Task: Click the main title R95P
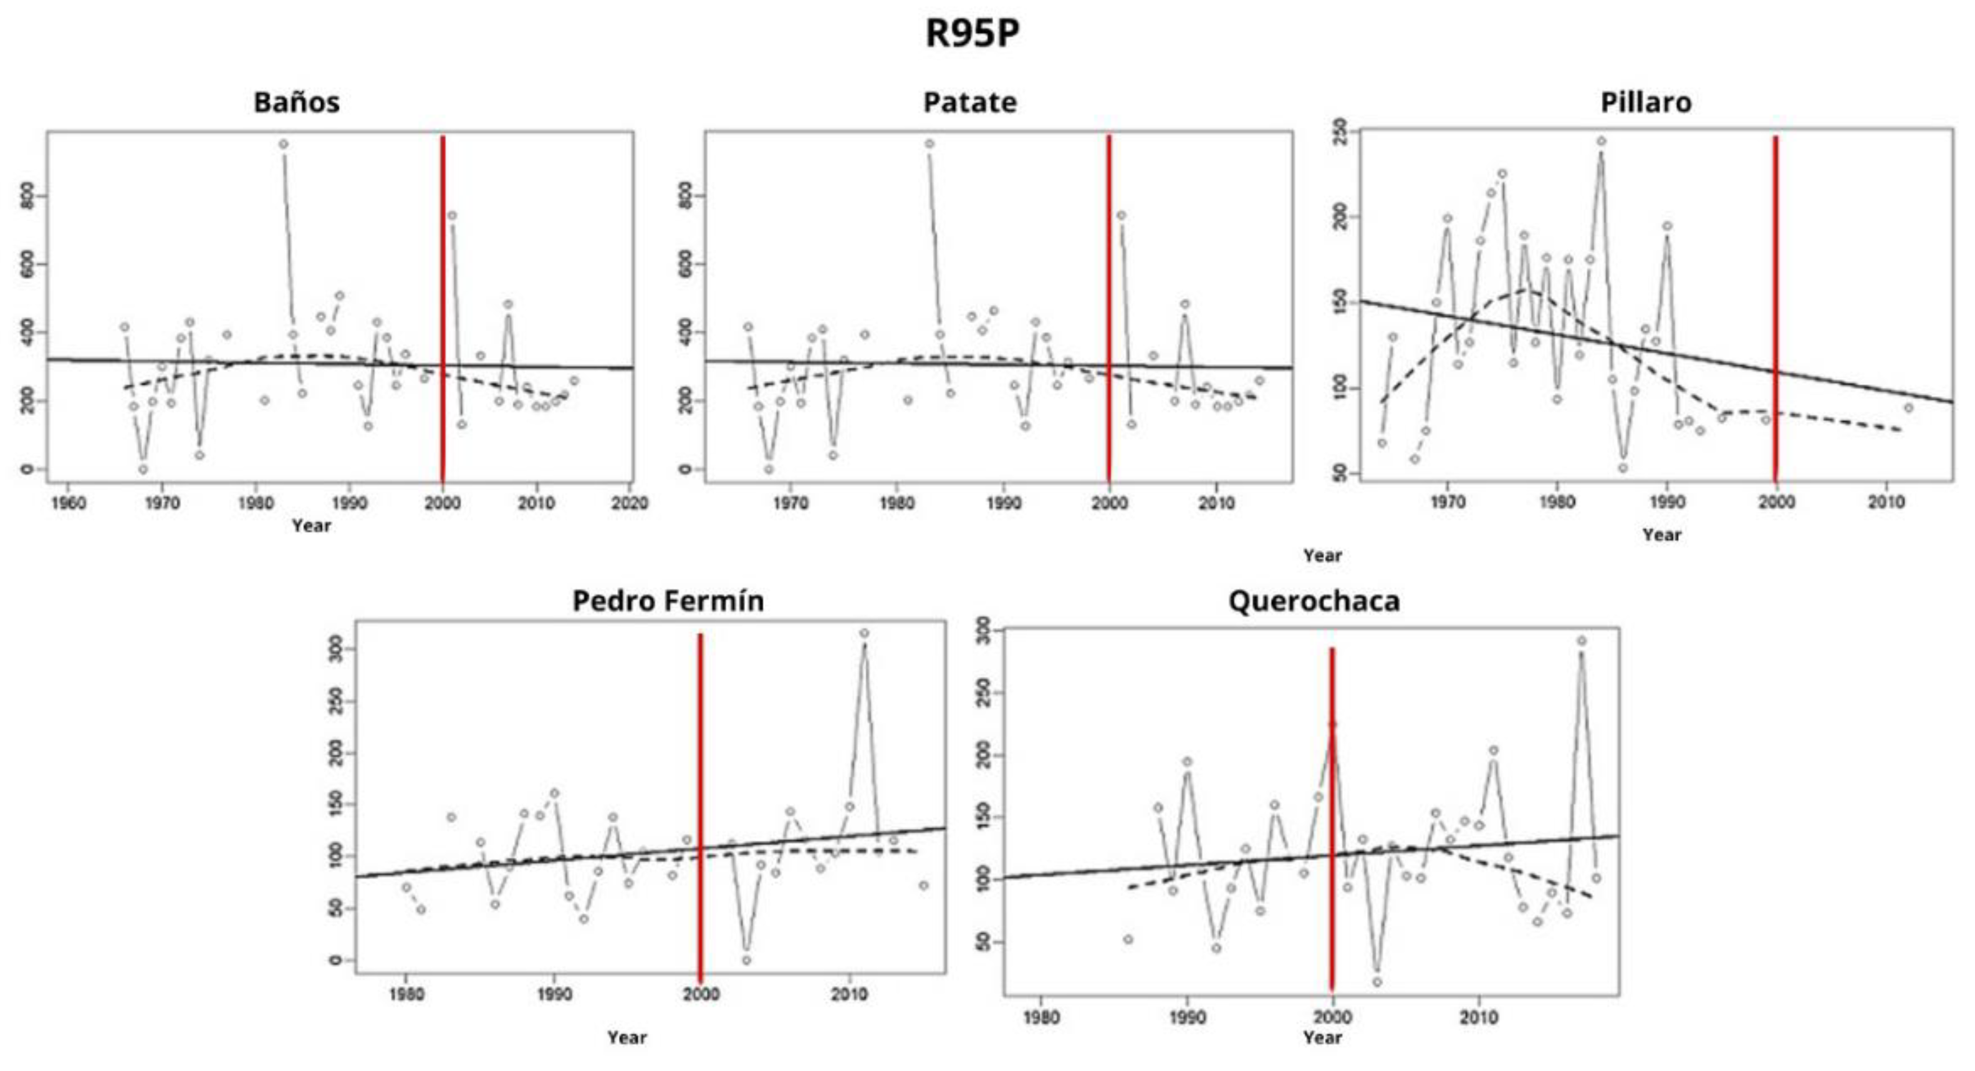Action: pyautogui.click(x=971, y=33)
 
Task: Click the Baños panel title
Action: pyautogui.click(x=297, y=103)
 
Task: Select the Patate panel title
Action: pyautogui.click(x=970, y=103)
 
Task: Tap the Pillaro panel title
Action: pyautogui.click(x=1645, y=103)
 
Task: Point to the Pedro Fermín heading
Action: pyautogui.click(x=668, y=601)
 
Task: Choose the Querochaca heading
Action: pyautogui.click(x=1314, y=601)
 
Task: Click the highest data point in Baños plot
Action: pyautogui.click(x=283, y=144)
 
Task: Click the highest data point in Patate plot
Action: pyautogui.click(x=930, y=144)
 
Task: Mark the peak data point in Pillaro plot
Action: pyautogui.click(x=1602, y=141)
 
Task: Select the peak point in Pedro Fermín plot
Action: pyautogui.click(x=864, y=634)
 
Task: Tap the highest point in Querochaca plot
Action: pyautogui.click(x=1582, y=641)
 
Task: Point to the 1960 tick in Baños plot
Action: pyautogui.click(x=68, y=503)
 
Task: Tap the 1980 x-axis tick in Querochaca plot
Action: pyautogui.click(x=1041, y=1018)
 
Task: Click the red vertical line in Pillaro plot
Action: pyautogui.click(x=1776, y=307)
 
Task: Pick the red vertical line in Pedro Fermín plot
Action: pyautogui.click(x=700, y=805)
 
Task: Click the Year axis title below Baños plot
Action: pyautogui.click(x=311, y=526)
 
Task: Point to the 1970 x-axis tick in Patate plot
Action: pyautogui.click(x=790, y=503)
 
